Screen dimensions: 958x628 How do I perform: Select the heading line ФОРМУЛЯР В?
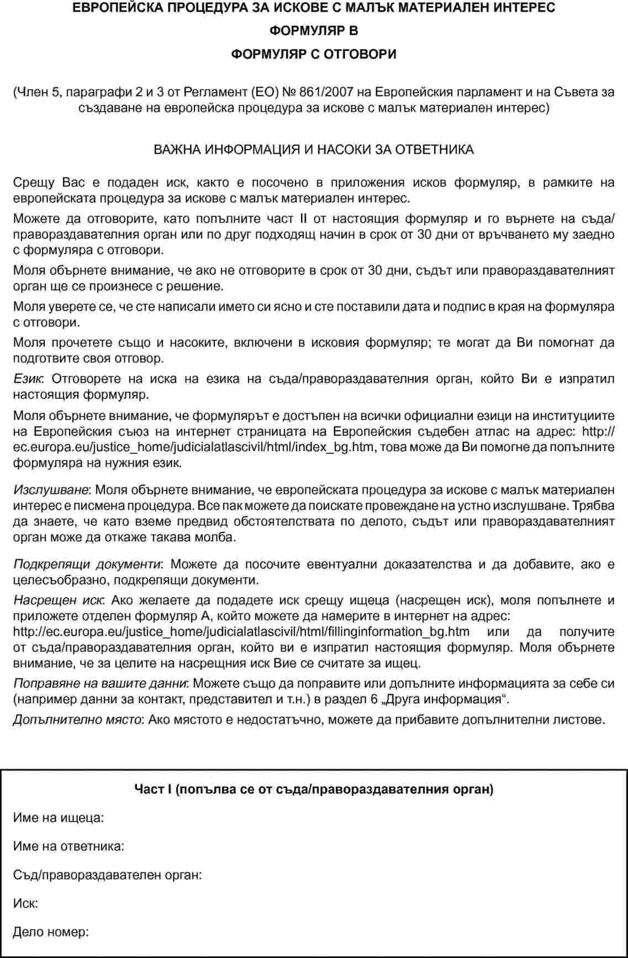pyautogui.click(x=314, y=31)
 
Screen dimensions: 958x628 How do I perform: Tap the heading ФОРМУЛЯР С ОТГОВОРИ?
pyautogui.click(x=314, y=54)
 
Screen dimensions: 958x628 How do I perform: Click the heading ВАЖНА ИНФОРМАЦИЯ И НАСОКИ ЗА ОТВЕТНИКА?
pyautogui.click(x=314, y=150)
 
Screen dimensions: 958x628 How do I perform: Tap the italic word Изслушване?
pyautogui.click(x=51, y=489)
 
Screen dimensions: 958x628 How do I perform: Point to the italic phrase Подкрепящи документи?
pyautogui.click(x=87, y=564)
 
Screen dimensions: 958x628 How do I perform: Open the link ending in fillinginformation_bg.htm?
pyautogui.click(x=241, y=632)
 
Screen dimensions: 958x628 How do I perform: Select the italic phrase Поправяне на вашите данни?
pyautogui.click(x=100, y=683)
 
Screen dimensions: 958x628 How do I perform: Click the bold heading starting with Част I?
pyautogui.click(x=314, y=789)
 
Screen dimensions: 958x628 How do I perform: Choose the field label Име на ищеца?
pyautogui.click(x=59, y=818)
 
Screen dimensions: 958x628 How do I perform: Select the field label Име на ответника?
pyautogui.click(x=68, y=846)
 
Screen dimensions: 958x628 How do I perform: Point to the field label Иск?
pyautogui.click(x=25, y=904)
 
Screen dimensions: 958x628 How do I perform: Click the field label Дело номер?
pyautogui.click(x=51, y=933)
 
